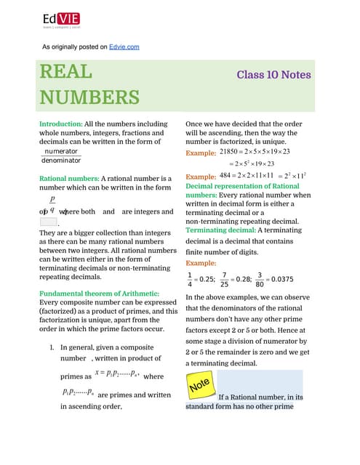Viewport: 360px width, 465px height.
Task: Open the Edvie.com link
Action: pyautogui.click(x=124, y=46)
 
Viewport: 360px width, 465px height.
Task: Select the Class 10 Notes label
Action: pyautogui.click(x=273, y=75)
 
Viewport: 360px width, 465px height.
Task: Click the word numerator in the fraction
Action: pyautogui.click(x=60, y=151)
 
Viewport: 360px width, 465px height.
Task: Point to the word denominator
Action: pyautogui.click(x=61, y=160)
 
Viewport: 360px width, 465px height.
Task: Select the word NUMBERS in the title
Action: pyautogui.click(x=89, y=98)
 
